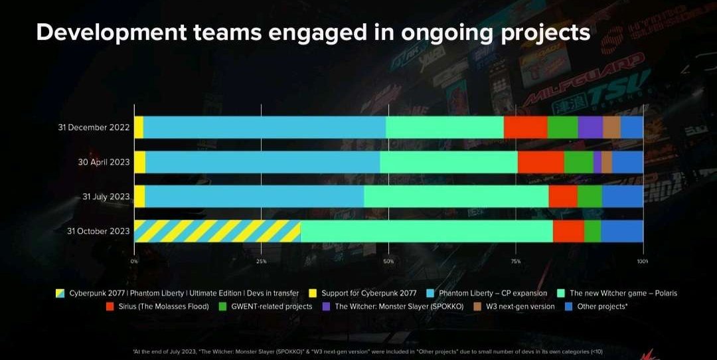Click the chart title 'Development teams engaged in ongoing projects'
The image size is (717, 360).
[313, 33]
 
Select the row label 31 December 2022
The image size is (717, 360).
[94, 128]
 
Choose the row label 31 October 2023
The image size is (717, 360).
[98, 230]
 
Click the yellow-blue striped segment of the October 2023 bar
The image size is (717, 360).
[217, 231]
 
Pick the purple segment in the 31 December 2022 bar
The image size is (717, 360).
[590, 128]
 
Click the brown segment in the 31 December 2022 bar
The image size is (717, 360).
[611, 128]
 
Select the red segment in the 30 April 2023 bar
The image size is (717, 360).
[540, 161]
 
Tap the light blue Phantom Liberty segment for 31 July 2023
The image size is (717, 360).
[254, 196]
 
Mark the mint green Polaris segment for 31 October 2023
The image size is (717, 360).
[426, 231]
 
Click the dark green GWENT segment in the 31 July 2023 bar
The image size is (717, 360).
[590, 196]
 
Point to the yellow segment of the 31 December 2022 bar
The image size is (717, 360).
[139, 128]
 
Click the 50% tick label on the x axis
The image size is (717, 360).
[389, 262]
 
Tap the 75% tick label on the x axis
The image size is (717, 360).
[516, 262]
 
